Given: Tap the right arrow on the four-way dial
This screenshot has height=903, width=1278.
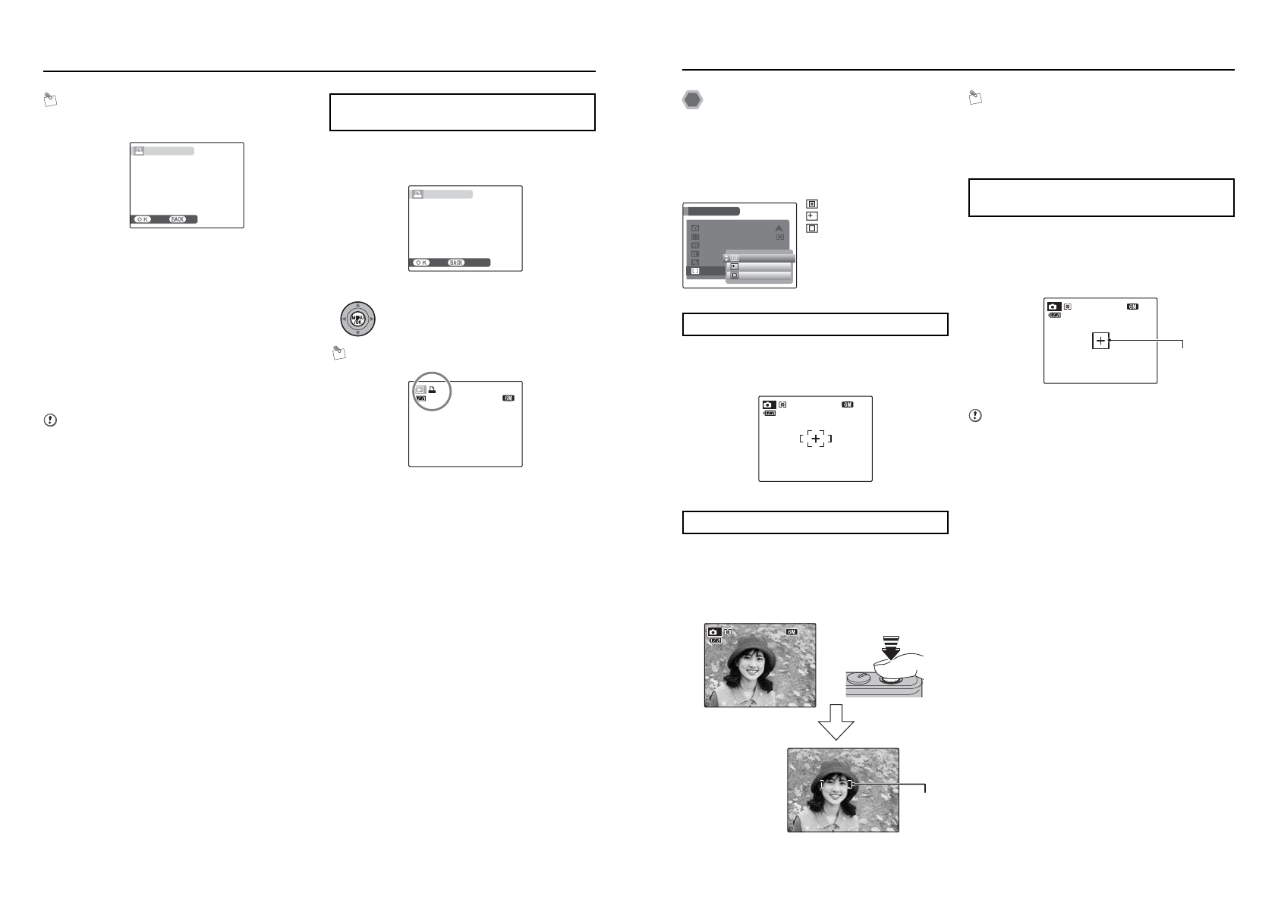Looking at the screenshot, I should coord(372,319).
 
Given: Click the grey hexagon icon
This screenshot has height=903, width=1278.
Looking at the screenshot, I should coord(692,100).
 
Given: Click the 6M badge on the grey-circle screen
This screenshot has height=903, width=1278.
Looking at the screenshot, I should coord(508,398).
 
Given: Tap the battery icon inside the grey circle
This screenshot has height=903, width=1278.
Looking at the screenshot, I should coord(421,398).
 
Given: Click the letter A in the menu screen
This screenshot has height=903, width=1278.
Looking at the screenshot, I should coord(779,228).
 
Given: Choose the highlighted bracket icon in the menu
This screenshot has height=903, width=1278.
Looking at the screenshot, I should coord(695,271).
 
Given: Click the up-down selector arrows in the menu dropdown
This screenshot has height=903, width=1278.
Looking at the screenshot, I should coord(727,258).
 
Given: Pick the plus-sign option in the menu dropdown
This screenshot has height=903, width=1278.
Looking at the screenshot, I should coord(734,266).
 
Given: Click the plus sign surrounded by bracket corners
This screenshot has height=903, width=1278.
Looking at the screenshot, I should coord(816,439).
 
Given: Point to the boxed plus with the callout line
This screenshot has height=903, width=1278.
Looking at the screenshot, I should coord(1100,341).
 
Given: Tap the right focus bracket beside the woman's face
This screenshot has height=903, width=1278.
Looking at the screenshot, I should coord(851,785).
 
